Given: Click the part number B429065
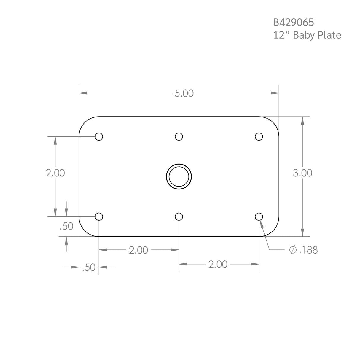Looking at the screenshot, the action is pyautogui.click(x=294, y=23).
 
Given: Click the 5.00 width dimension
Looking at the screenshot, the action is pyautogui.click(x=184, y=93).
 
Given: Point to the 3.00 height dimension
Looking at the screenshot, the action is pyautogui.click(x=302, y=173).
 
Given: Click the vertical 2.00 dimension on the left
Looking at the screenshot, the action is pyautogui.click(x=55, y=173).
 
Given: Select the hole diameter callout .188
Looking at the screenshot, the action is pyautogui.click(x=308, y=250).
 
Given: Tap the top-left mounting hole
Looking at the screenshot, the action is pyautogui.click(x=99, y=137).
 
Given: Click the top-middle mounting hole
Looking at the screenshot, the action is pyautogui.click(x=179, y=137).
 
